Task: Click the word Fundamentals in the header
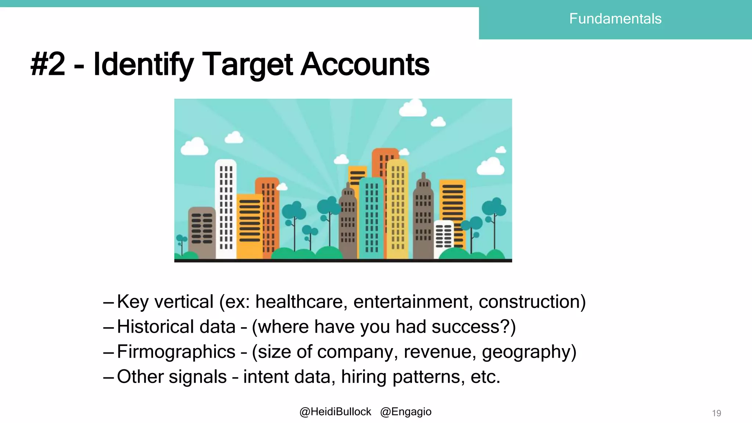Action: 615,19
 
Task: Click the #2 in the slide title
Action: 48,65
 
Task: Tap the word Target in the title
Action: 247,65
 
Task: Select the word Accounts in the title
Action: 365,65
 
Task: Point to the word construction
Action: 529,302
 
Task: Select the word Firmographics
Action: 176,352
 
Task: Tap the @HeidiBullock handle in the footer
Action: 335,412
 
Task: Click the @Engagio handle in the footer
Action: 406,412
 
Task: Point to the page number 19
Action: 716,413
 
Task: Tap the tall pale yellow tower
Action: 397,209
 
